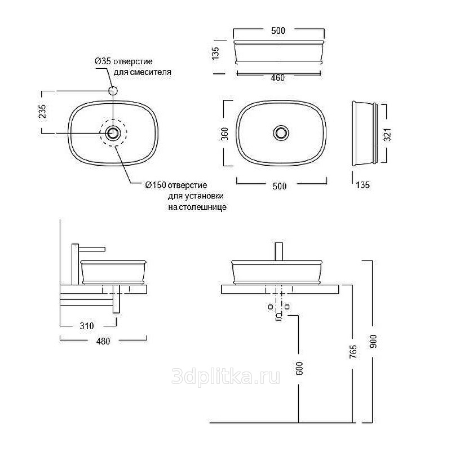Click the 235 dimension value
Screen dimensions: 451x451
(42, 111)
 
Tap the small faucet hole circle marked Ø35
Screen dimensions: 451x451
(113, 91)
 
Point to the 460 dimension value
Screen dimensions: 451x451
(278, 78)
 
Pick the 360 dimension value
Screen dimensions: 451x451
(224, 134)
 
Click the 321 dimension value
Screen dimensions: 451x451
(388, 135)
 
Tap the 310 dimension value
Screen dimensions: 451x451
(87, 326)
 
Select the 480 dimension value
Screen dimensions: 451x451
(103, 341)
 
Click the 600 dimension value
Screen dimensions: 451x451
(299, 369)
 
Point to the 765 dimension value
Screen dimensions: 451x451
(353, 352)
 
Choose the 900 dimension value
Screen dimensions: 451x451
(373, 342)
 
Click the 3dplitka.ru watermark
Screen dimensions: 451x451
(226, 377)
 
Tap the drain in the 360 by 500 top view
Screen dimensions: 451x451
(281, 133)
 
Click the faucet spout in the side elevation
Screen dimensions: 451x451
(92, 249)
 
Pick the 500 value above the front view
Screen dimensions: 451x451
(278, 30)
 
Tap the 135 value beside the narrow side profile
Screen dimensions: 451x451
(362, 185)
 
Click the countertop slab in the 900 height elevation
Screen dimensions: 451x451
(280, 289)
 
